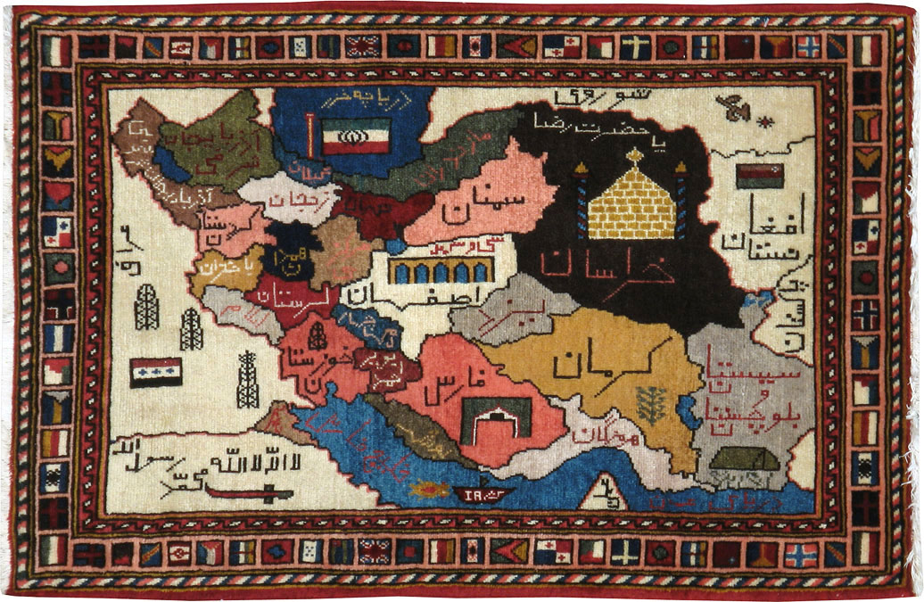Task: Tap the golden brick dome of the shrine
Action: tap(632, 204)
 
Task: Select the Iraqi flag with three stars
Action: tap(155, 371)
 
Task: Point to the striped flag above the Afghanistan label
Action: tap(759, 177)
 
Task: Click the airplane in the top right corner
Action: tap(738, 110)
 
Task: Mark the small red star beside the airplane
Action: tap(764, 120)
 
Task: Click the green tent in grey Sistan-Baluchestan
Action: tap(741, 459)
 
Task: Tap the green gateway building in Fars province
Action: tap(496, 417)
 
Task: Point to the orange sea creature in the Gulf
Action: tap(429, 489)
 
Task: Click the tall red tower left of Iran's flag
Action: tap(310, 134)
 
